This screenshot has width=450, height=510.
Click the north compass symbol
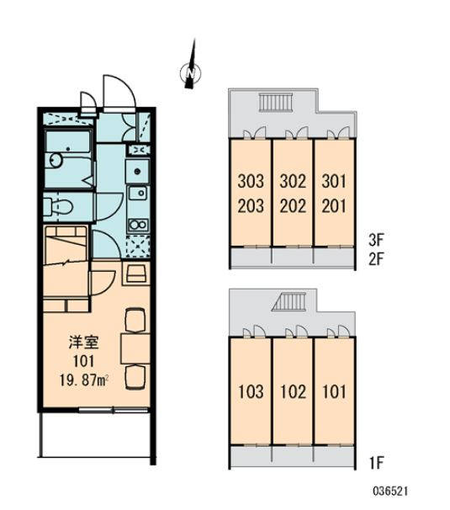(191, 73)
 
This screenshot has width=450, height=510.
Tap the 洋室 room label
(83, 343)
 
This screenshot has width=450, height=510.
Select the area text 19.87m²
(84, 380)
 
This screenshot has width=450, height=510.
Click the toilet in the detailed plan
(58, 206)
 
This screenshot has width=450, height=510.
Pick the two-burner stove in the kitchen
(139, 225)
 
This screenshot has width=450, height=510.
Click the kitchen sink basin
(139, 194)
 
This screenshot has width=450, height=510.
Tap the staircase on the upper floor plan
(276, 102)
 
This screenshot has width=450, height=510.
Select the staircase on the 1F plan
(290, 302)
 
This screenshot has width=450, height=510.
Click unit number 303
(251, 182)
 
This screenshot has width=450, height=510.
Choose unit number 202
(293, 206)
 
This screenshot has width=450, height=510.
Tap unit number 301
(334, 182)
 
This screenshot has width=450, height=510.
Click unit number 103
(251, 391)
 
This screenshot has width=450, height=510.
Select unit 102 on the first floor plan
(293, 391)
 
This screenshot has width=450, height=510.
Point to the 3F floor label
(377, 241)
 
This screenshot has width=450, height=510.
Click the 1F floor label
(377, 463)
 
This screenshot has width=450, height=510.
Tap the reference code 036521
(390, 491)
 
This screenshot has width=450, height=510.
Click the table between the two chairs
(135, 348)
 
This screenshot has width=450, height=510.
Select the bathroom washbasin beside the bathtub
(56, 161)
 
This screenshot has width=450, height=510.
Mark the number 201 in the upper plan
(334, 206)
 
